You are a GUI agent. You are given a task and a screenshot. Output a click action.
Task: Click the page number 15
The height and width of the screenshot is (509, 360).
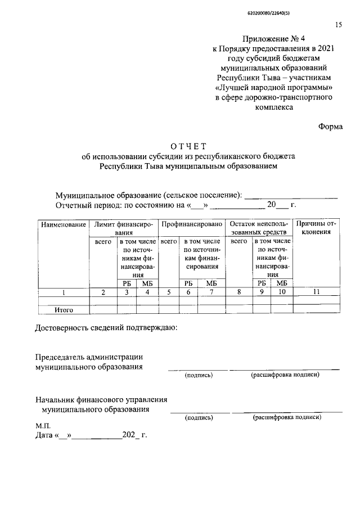(x=338, y=25)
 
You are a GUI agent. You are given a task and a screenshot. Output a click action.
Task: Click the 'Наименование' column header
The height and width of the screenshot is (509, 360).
(x=63, y=224)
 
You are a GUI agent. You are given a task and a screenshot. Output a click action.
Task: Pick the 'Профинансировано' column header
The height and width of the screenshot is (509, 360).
(x=192, y=224)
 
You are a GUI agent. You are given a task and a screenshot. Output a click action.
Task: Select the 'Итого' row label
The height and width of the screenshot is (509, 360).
(x=64, y=309)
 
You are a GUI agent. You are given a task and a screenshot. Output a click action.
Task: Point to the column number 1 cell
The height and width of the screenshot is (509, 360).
(x=64, y=292)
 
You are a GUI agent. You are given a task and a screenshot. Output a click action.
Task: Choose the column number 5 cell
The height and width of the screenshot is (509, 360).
(x=169, y=292)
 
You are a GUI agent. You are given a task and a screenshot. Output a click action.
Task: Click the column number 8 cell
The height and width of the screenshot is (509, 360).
(x=239, y=292)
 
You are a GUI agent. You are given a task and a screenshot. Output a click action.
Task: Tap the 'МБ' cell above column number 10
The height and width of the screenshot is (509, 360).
(x=282, y=283)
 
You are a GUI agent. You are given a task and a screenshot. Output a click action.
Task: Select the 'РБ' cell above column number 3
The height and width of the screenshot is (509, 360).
(x=127, y=283)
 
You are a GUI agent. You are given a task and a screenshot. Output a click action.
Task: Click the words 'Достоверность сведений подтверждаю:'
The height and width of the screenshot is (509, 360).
(x=107, y=328)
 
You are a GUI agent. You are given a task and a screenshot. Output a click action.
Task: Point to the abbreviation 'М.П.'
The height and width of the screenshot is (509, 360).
(x=43, y=426)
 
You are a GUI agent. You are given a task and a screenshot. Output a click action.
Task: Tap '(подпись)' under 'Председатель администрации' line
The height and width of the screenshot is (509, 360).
(x=199, y=375)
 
